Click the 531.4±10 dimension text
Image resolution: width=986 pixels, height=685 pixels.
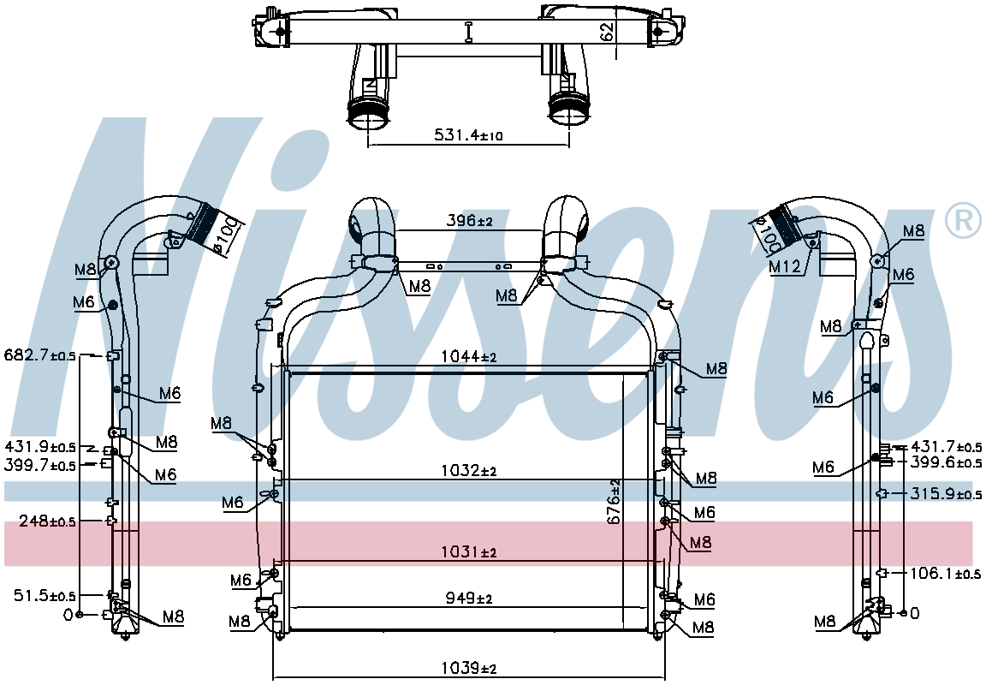[x=468, y=134]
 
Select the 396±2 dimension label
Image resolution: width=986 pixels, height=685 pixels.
[x=469, y=221]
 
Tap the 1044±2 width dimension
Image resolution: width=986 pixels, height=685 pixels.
[x=468, y=357]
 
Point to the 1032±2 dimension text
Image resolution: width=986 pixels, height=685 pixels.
[x=468, y=470]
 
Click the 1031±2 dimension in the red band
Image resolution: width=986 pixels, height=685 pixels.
[x=468, y=552]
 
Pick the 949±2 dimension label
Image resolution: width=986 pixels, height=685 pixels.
[x=469, y=599]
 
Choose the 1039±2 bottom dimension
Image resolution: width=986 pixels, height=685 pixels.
[x=468, y=668]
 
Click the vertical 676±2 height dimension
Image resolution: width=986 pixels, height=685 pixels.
[x=614, y=501]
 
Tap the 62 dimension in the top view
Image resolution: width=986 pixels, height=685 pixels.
[x=607, y=32]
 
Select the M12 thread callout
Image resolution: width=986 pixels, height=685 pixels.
[x=786, y=266]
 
